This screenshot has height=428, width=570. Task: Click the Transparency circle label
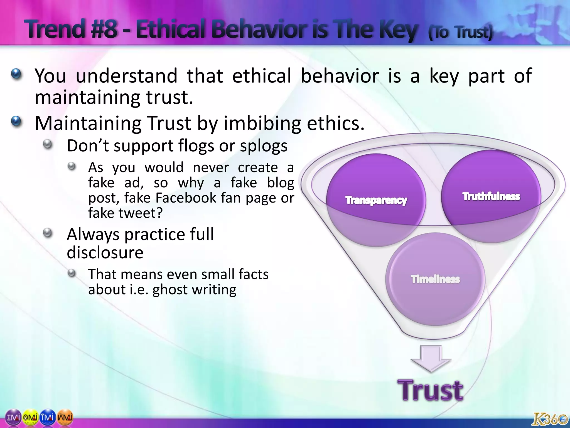pos(376,200)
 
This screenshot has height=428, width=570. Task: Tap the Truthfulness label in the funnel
pos(491,196)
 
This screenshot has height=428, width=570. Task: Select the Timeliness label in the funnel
pos(435,279)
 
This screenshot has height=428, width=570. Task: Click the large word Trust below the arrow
pos(430,391)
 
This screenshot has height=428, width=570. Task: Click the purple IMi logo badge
pos(13,417)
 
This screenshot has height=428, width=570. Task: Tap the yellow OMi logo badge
pos(30,417)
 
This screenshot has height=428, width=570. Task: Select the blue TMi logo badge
pos(48,417)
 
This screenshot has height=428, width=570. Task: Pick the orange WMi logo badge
pos(65,417)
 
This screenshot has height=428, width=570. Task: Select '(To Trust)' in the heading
pos(460,32)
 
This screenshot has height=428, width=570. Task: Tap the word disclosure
pos(105,252)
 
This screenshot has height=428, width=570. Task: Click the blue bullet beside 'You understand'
pos(16,74)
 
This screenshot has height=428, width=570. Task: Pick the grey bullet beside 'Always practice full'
pos(48,233)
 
